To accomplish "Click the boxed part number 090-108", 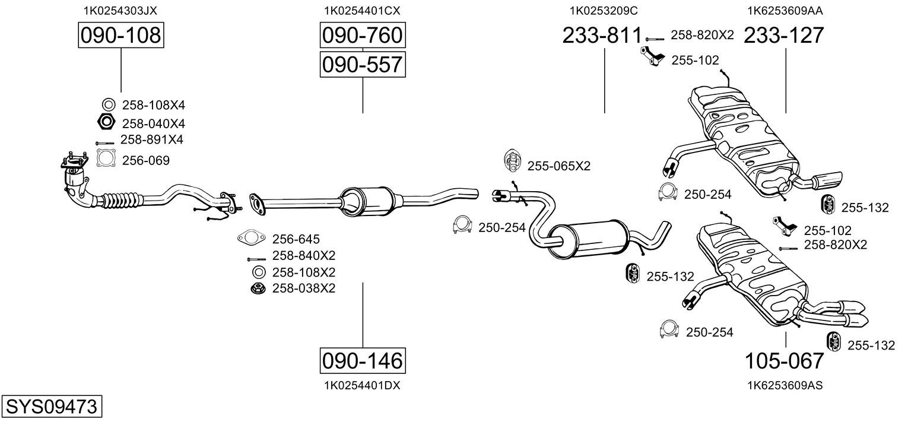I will [120, 36].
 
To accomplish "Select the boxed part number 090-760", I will [362, 36].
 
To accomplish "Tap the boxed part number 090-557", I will [362, 64].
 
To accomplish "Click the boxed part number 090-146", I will [362, 360].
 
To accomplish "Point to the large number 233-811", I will [602, 36].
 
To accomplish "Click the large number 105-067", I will [785, 360].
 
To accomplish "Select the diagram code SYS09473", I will [51, 407].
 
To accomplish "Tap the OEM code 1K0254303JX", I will [120, 10].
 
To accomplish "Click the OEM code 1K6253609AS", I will [785, 385].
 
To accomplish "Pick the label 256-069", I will [145, 160].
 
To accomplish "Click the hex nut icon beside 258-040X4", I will [106, 123].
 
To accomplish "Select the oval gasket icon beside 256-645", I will [250, 239].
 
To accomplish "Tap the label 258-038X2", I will [303, 288].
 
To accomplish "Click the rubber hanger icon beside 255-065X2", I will [511, 160].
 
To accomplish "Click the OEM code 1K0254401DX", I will [362, 385].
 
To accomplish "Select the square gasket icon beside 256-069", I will [106, 160].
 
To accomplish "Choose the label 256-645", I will [296, 239].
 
